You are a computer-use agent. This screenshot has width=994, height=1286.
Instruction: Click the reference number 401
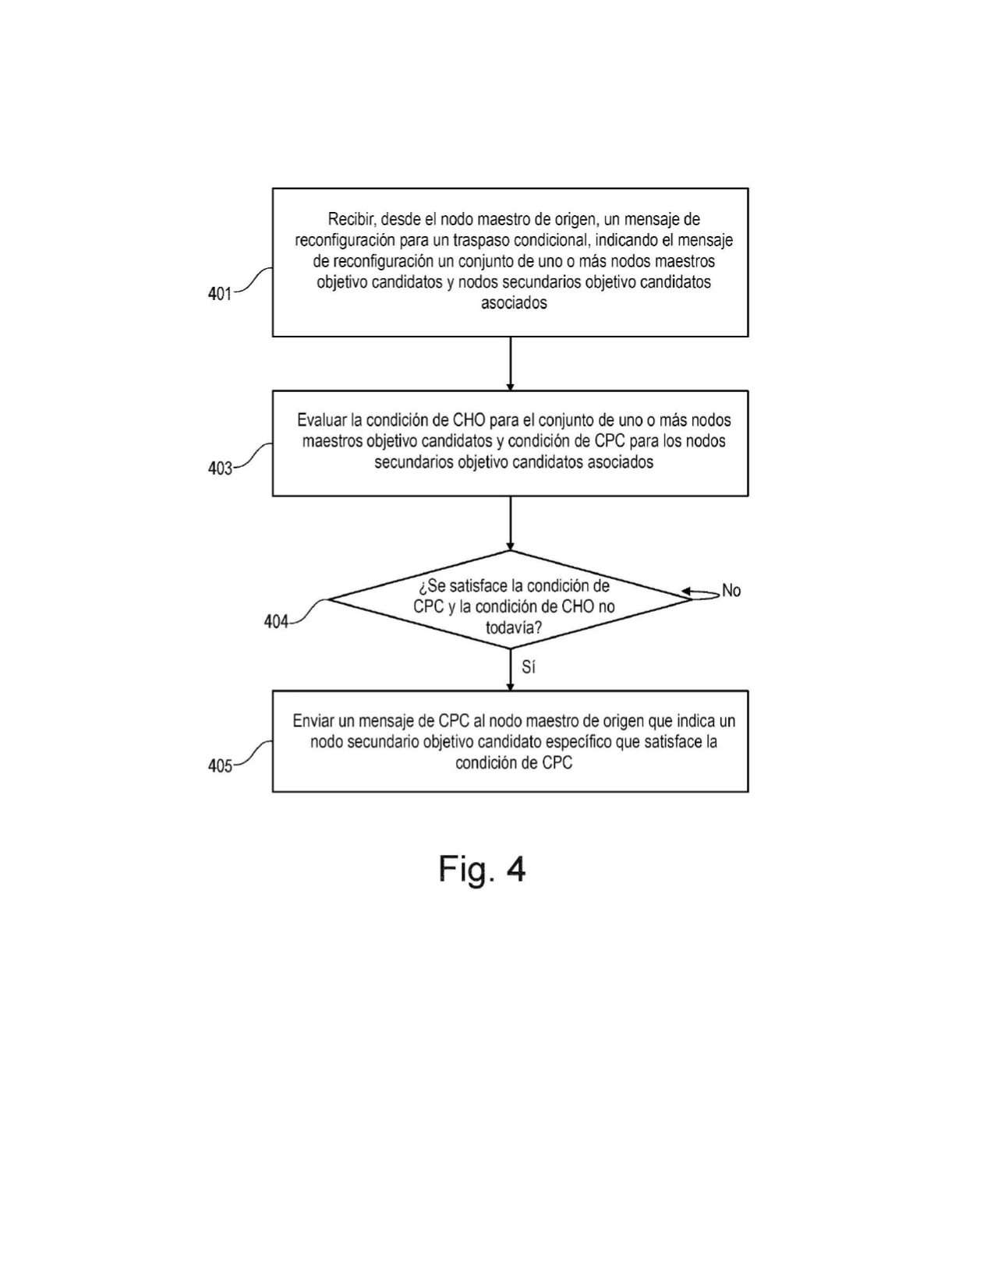[x=219, y=294]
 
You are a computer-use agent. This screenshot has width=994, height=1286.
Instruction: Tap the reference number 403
[x=220, y=468]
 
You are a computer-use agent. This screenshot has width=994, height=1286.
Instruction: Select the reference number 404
[x=276, y=622]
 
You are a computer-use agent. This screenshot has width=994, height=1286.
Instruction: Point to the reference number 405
[x=220, y=766]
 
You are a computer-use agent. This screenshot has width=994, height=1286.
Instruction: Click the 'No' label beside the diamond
[x=731, y=591]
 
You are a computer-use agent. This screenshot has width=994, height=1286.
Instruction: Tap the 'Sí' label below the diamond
[x=529, y=668]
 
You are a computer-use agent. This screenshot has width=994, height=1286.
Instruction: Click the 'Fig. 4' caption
[x=482, y=869]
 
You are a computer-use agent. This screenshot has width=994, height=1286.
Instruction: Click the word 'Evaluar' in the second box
[x=321, y=420]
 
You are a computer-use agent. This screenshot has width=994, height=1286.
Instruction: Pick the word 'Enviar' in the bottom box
[x=313, y=721]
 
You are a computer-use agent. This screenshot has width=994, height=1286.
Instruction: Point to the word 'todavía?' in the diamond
[x=513, y=627]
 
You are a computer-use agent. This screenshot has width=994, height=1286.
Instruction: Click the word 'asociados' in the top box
[x=514, y=303]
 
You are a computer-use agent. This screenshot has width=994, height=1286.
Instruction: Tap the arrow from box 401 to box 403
[x=511, y=363]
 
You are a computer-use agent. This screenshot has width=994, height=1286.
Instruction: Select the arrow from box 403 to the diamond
[x=511, y=523]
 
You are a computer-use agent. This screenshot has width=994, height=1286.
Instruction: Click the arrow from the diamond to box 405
[x=511, y=669]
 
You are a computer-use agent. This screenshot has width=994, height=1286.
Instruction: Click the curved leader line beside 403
[x=253, y=456]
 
